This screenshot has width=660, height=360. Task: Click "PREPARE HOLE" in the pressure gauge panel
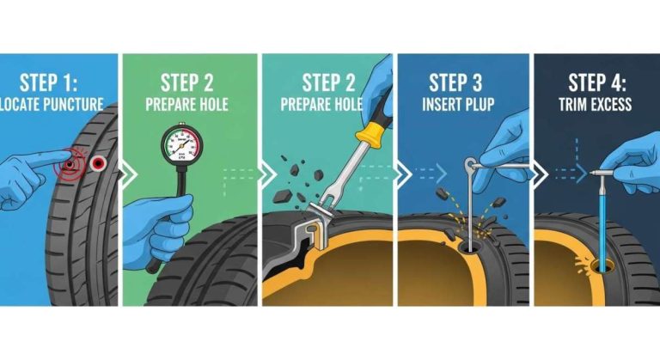pos(191,105)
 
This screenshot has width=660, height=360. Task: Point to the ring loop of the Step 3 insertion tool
pos(468,162)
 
